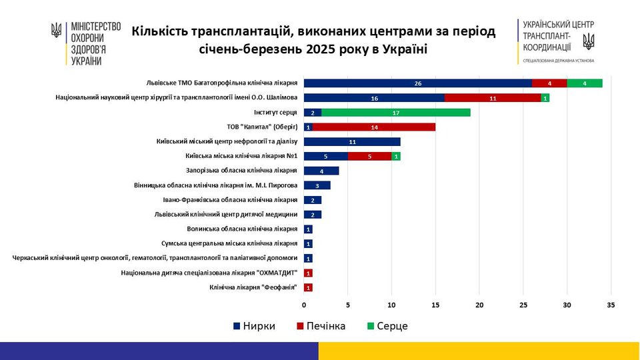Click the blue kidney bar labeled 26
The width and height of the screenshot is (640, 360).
pyautogui.click(x=417, y=83)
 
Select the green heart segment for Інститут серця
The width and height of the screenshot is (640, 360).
pyautogui.click(x=396, y=112)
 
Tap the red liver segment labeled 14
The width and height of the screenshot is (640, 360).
pyautogui.click(x=374, y=127)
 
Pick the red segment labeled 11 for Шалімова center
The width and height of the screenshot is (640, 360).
pyautogui.click(x=493, y=98)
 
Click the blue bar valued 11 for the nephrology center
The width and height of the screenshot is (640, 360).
pyautogui.click(x=352, y=141)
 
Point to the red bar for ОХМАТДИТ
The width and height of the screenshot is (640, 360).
pyautogui.click(x=308, y=273)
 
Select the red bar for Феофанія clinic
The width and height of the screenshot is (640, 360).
pyautogui.click(x=308, y=287)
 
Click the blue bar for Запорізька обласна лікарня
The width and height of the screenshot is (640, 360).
pyautogui.click(x=321, y=171)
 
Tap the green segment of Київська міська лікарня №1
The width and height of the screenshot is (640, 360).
pyautogui.click(x=397, y=156)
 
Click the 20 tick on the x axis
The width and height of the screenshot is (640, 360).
pyautogui.click(x=479, y=305)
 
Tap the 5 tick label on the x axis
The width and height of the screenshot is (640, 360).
pyautogui.click(x=348, y=305)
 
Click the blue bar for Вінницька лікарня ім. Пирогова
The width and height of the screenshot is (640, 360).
pyautogui.click(x=317, y=185)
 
